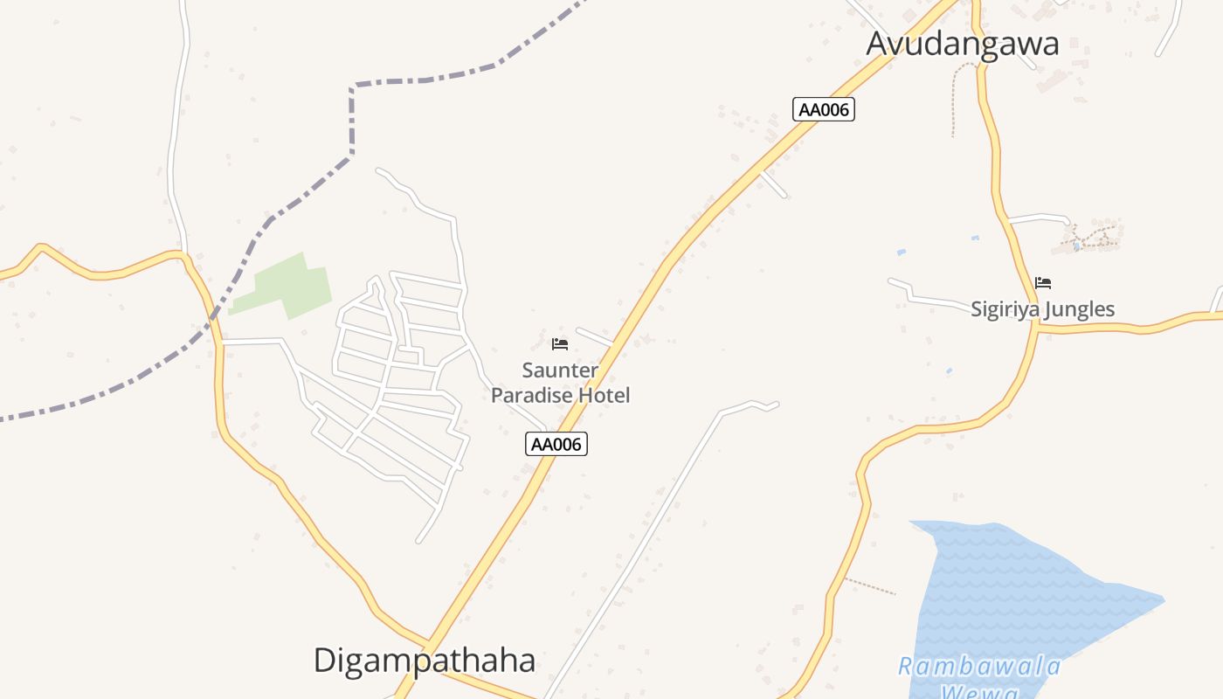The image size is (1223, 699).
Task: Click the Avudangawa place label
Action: pos(962,44)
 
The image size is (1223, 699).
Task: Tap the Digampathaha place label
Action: pos(424,661)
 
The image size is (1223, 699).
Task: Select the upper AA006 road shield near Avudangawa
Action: pos(823,109)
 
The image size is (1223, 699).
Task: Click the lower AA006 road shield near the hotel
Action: pos(556,444)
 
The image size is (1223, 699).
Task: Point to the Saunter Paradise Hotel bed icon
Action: pos(560,343)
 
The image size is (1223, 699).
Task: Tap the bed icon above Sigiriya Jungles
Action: pos(1043,282)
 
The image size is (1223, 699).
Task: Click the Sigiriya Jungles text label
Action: pos(1042,308)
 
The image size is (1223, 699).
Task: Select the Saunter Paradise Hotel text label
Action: pos(560,383)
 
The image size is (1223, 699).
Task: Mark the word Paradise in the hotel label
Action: pos(534,395)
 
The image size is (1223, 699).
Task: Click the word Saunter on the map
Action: pos(560,370)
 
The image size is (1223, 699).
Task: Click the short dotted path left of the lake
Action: pos(869,586)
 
